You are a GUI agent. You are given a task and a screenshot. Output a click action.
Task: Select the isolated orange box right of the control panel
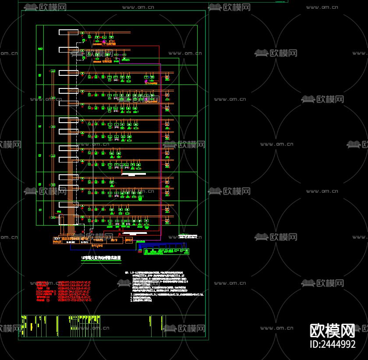129,240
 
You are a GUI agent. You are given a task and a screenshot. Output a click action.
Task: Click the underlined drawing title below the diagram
101,258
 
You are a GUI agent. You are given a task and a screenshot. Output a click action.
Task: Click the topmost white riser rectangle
69,32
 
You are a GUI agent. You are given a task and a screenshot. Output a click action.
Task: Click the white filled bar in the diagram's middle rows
134,174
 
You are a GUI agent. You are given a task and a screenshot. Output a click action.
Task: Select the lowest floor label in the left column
40,210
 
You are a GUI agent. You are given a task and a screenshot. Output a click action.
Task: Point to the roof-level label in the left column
40,49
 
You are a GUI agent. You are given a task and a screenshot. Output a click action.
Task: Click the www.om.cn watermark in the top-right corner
322,7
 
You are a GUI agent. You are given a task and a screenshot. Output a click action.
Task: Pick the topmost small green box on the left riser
53,71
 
